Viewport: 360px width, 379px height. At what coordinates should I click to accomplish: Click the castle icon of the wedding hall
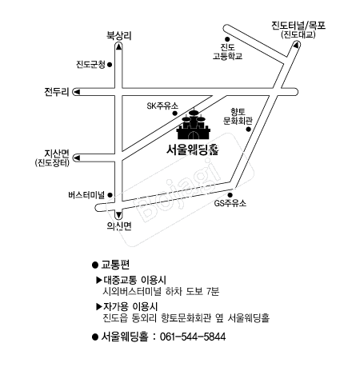[194, 126]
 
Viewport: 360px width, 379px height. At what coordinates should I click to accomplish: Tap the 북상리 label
[119, 36]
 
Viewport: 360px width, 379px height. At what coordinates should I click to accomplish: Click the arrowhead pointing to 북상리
[118, 46]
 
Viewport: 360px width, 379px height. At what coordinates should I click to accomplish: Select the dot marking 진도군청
[110, 65]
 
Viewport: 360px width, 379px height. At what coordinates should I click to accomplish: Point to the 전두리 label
[57, 92]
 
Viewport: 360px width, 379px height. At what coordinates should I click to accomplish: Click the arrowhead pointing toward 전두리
[77, 92]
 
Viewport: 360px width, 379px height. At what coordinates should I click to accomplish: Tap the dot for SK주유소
[175, 114]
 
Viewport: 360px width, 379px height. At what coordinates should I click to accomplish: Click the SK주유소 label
[162, 106]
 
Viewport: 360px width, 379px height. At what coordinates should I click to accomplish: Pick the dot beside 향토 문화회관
[249, 130]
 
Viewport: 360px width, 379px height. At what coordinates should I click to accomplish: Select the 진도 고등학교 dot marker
[227, 39]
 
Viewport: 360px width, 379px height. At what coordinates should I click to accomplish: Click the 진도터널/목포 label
[298, 26]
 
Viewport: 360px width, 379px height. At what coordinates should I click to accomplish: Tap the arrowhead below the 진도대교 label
[295, 45]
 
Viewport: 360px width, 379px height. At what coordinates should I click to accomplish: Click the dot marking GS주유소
[230, 195]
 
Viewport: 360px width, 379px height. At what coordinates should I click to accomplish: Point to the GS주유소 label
[230, 203]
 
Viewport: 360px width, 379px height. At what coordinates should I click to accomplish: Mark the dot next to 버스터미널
[110, 195]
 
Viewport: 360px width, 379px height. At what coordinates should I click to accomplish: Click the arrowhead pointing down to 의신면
[118, 214]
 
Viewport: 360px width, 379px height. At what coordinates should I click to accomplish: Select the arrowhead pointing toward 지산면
[77, 158]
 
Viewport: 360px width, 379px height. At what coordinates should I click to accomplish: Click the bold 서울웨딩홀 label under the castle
[193, 150]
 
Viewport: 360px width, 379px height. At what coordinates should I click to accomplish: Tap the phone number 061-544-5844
[193, 337]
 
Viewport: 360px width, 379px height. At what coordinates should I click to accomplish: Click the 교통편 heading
[115, 265]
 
